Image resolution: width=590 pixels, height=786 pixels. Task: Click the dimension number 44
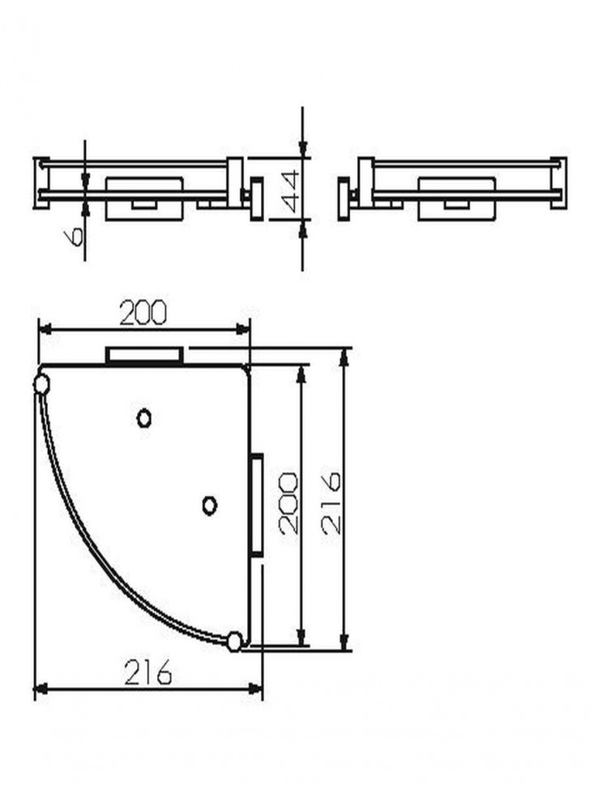point(289,191)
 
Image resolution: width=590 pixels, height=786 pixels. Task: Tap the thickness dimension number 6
point(74,236)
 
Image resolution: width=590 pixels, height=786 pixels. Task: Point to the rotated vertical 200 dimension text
point(289,502)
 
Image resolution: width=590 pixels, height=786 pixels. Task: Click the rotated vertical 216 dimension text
point(331,502)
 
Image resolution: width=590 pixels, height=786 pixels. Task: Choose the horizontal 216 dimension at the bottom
point(147,673)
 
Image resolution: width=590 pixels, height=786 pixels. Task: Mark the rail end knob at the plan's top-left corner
point(41,384)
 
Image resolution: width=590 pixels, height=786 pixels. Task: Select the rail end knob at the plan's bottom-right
point(233,642)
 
